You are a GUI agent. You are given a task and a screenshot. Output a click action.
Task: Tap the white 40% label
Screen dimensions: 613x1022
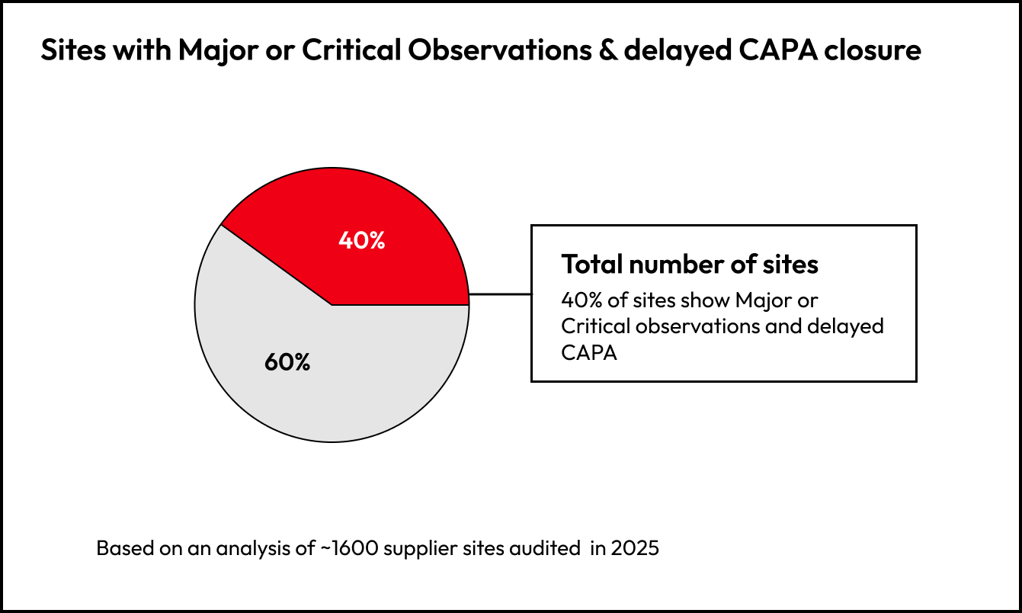(x=362, y=240)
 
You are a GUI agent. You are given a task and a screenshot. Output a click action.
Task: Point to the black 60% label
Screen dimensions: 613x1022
(x=287, y=362)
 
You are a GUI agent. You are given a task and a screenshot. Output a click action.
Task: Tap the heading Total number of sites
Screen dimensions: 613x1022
(x=690, y=264)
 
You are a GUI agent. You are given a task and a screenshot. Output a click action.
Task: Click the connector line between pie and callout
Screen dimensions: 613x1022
(x=499, y=294)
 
